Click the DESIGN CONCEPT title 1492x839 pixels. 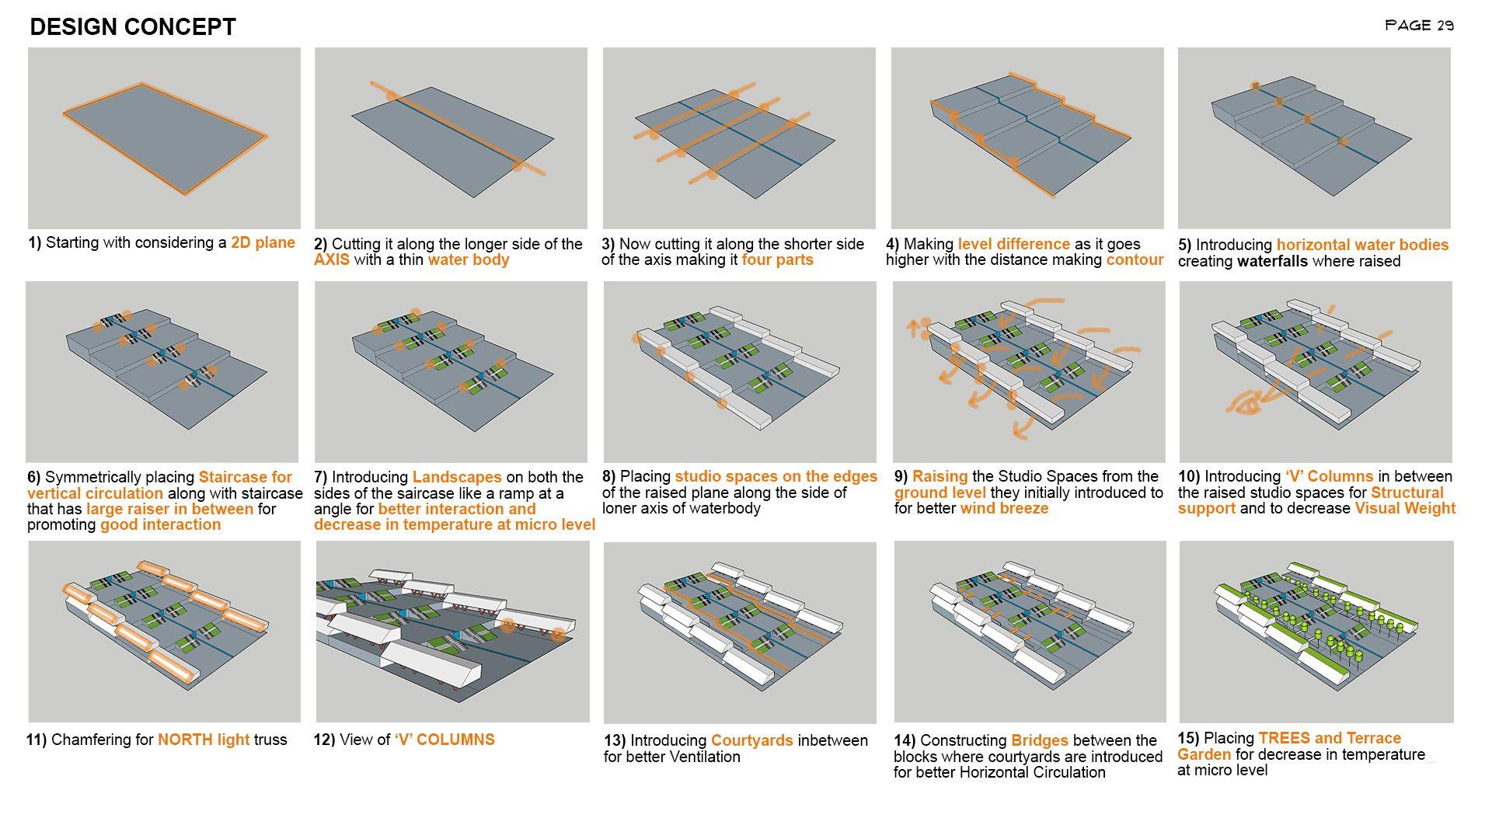point(132,27)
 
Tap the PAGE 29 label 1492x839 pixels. point(1419,26)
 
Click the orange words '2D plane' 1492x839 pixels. point(263,242)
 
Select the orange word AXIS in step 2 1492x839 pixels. point(332,259)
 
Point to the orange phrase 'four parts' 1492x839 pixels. point(777,259)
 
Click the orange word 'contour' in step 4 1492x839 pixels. point(1135,259)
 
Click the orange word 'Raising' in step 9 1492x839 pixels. point(939,476)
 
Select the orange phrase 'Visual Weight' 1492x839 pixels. point(1405,508)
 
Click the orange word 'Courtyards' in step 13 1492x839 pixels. point(751,740)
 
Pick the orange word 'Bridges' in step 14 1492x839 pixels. point(1039,740)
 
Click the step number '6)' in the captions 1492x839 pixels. point(34,477)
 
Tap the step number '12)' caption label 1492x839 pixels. point(324,740)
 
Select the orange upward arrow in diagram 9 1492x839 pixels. point(914,327)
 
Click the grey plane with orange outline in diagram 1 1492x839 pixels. point(165,138)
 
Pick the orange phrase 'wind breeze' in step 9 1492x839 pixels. point(1004,508)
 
